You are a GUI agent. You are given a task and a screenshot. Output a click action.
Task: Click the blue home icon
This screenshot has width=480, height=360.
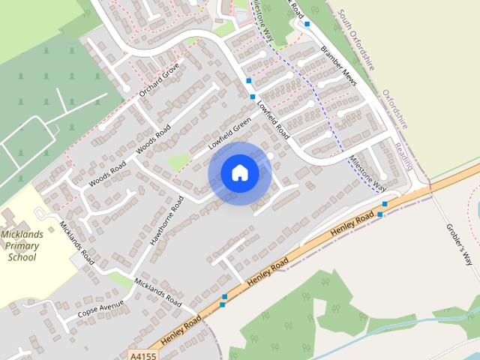click(239, 173)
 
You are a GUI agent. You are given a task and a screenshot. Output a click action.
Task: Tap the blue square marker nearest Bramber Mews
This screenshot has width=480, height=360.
click(307, 24)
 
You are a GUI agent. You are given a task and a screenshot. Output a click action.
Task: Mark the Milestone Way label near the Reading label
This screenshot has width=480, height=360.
click(367, 172)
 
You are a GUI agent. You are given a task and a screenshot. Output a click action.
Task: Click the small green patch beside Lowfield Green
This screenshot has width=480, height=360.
click(178, 160)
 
